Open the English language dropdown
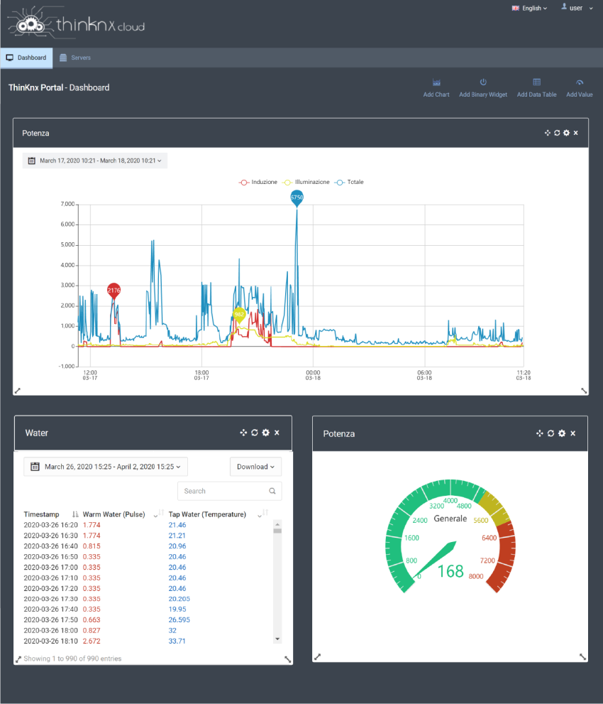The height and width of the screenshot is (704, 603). (x=529, y=9)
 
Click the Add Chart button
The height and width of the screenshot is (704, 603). (x=436, y=87)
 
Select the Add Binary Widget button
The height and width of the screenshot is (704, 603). (x=483, y=87)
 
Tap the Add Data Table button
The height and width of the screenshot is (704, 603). (x=536, y=87)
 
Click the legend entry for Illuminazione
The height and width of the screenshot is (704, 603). (x=306, y=182)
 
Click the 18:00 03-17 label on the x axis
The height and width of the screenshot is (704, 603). (x=201, y=374)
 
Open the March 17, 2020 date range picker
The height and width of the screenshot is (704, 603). (x=95, y=161)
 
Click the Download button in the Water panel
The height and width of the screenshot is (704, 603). (x=255, y=467)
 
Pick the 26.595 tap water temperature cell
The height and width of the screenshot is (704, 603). (x=179, y=619)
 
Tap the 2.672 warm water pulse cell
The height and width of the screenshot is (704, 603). (x=92, y=641)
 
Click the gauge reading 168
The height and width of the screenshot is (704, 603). (x=450, y=570)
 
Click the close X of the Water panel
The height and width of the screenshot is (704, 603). (x=277, y=433)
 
